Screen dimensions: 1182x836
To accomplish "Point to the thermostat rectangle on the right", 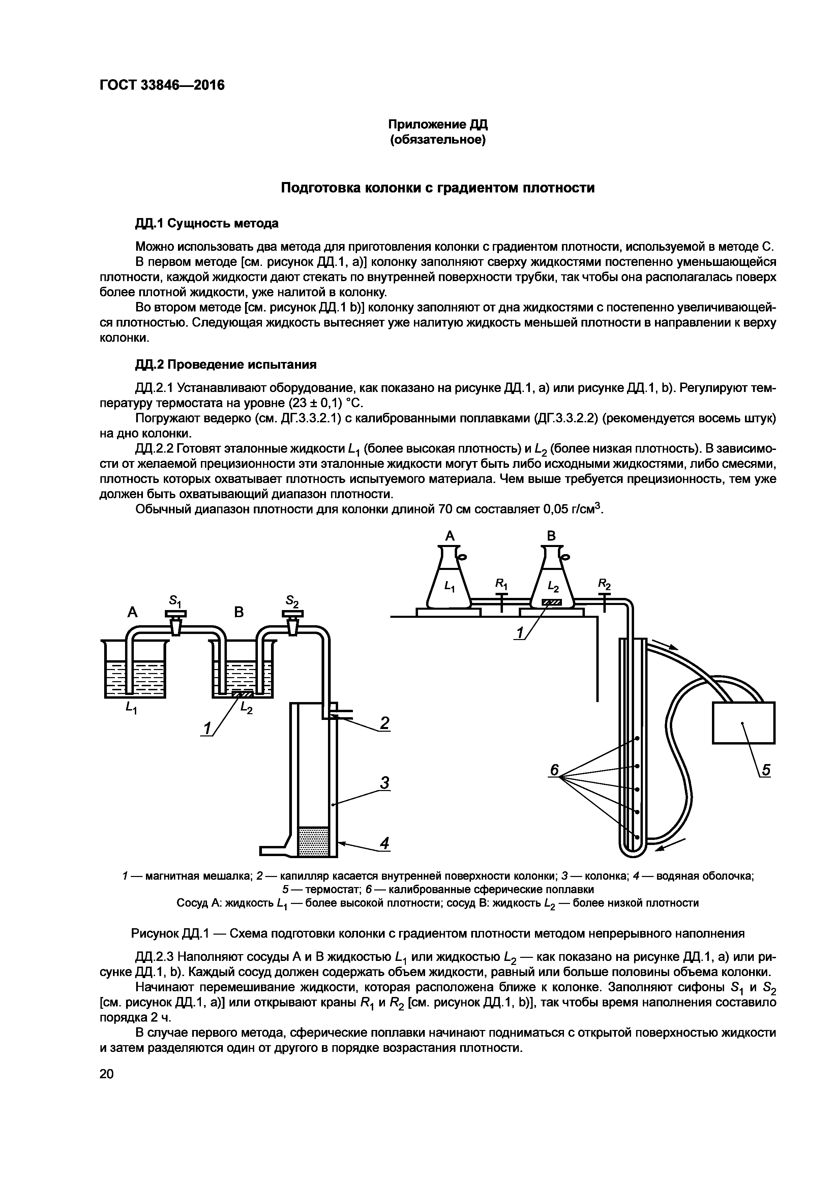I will (743, 723).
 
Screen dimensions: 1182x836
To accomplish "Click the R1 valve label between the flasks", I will (501, 584).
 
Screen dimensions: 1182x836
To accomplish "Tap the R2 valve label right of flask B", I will (604, 584).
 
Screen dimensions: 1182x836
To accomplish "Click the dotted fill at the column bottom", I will (313, 842).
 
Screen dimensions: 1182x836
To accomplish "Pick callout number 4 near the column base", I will (384, 843).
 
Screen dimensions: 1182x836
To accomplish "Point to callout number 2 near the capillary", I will (384, 723).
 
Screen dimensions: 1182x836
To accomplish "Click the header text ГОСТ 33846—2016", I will (162, 84).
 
